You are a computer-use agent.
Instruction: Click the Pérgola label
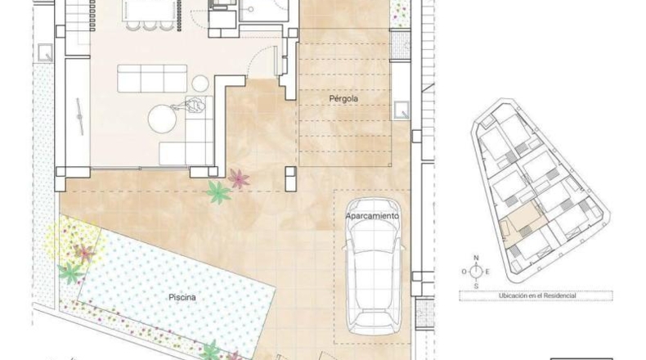(x=343, y=98)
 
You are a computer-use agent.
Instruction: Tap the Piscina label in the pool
(x=182, y=297)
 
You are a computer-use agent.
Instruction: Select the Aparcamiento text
(x=372, y=216)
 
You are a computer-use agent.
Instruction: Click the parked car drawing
(x=373, y=266)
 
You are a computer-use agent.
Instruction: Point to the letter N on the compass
(x=476, y=259)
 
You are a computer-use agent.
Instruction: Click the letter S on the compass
(x=476, y=286)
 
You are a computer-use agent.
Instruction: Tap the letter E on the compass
(x=487, y=272)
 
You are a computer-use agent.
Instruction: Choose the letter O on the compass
(x=464, y=272)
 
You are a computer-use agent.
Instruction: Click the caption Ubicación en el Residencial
(x=537, y=295)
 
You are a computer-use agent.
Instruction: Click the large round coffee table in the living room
(x=162, y=119)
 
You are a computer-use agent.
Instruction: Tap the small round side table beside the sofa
(x=200, y=83)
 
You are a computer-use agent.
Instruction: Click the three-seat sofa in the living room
(x=152, y=79)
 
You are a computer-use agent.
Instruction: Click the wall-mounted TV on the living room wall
(x=80, y=116)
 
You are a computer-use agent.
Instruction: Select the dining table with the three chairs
(x=149, y=11)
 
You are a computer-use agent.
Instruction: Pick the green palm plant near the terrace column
(x=218, y=192)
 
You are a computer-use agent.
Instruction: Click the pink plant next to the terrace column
(x=239, y=178)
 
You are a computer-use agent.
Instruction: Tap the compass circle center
(x=476, y=272)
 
